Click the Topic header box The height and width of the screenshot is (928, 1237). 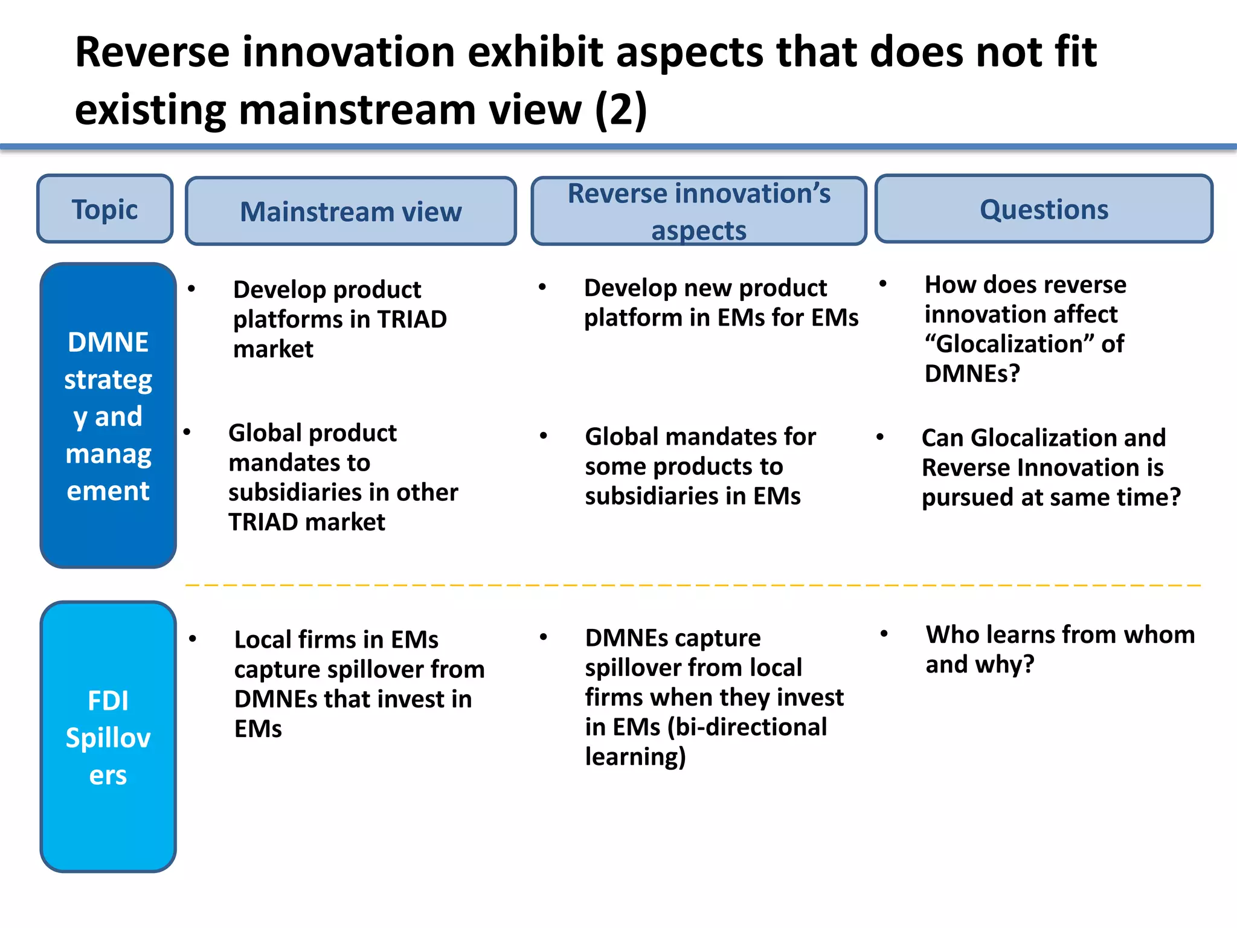point(104,209)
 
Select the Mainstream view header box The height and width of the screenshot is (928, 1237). point(350,211)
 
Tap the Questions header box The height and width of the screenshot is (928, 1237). point(1043,209)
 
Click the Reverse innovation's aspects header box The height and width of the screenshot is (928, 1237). point(699,211)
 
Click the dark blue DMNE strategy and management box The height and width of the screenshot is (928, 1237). point(108,416)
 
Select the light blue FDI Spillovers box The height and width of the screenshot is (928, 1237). point(108,736)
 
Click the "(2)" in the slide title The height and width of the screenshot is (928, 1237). point(620,110)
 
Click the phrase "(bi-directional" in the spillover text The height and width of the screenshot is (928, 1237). point(747,727)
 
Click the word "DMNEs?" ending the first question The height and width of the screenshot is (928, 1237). point(972,373)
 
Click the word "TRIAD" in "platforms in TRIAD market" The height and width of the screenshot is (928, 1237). point(411,319)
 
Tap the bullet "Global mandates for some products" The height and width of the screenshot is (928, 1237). point(699,466)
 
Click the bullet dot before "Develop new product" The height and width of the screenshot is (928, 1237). point(542,287)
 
